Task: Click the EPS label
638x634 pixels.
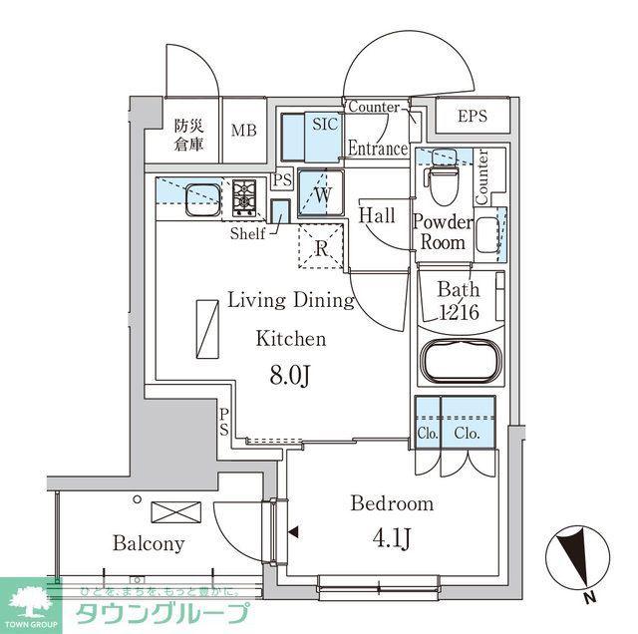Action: [473, 116]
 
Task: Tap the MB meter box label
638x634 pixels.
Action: [243, 131]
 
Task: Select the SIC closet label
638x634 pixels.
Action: [325, 125]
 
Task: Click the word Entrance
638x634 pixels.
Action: [378, 149]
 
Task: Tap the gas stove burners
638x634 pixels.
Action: [244, 197]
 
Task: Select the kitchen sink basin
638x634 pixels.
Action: [202, 199]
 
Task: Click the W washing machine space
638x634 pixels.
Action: [321, 192]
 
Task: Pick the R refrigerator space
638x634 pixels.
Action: [321, 246]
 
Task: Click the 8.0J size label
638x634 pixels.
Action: [290, 376]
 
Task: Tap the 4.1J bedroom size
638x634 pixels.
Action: [391, 538]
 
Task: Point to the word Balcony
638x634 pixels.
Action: [149, 544]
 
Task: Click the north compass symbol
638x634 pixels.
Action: [577, 557]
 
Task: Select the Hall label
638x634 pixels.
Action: [377, 215]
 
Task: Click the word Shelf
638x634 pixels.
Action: [247, 233]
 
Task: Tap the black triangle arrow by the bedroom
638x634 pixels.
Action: [293, 531]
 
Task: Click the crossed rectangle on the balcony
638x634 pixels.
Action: [175, 512]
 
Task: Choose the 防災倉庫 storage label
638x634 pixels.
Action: [188, 136]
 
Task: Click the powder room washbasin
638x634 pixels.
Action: [487, 235]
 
